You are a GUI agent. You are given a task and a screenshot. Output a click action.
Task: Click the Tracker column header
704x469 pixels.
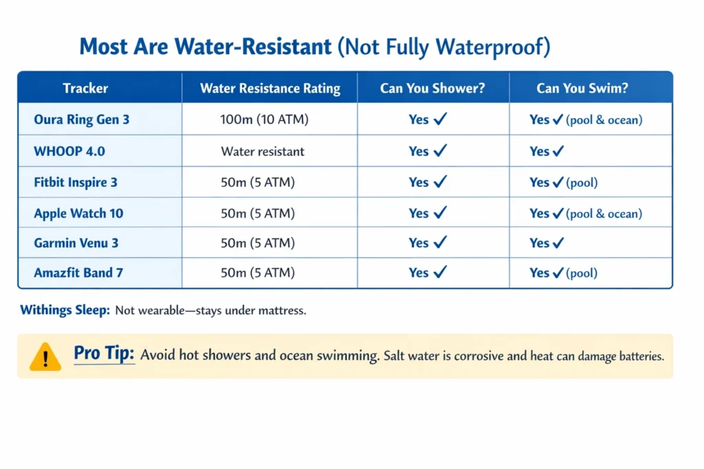tap(85, 88)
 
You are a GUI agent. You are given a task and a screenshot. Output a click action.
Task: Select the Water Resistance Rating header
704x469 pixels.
tap(269, 88)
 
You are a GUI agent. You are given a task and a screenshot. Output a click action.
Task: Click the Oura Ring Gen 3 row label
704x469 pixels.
tap(81, 119)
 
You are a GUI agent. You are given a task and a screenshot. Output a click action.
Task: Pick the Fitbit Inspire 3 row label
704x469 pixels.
tap(76, 183)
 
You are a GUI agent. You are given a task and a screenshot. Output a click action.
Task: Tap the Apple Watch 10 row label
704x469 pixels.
tap(78, 214)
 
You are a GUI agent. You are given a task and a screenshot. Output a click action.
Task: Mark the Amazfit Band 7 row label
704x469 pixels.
tap(78, 273)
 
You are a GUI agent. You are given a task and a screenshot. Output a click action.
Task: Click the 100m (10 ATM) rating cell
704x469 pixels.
tap(264, 119)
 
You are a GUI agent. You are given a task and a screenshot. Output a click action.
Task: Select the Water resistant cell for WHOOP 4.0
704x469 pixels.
tap(262, 151)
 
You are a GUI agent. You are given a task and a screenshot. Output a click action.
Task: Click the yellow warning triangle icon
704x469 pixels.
tap(45, 356)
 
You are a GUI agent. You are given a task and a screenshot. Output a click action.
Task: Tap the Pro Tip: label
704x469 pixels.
tap(104, 354)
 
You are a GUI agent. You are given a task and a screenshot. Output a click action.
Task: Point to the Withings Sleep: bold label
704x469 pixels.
tap(65, 310)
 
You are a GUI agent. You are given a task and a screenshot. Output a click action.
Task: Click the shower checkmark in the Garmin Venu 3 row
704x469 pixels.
tap(440, 242)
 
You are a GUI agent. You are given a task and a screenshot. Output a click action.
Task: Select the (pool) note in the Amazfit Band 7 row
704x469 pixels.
tap(582, 273)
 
